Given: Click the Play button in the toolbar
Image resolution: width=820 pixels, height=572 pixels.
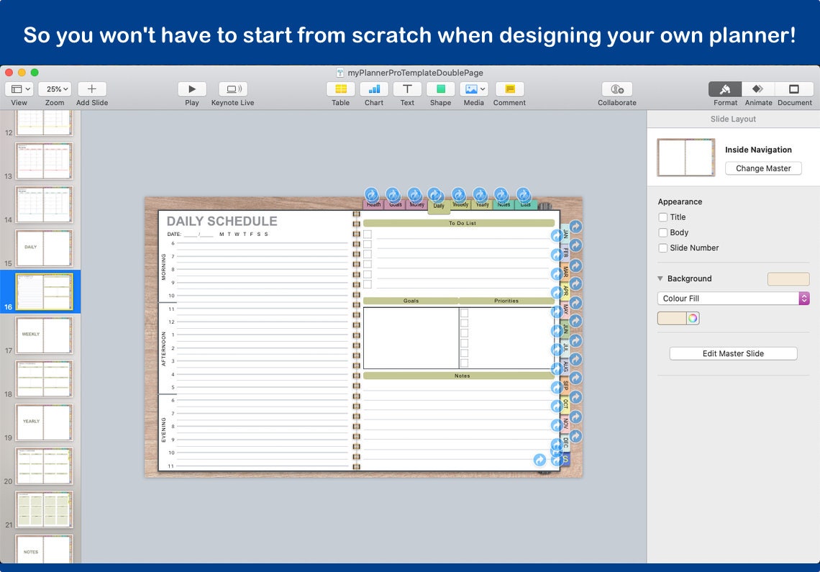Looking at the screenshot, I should (x=192, y=89).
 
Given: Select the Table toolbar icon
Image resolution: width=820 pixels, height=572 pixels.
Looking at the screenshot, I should (x=340, y=89).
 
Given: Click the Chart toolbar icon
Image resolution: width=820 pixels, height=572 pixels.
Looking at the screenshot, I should (x=374, y=89).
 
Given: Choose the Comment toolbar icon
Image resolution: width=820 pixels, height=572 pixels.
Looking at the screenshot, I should (x=509, y=89).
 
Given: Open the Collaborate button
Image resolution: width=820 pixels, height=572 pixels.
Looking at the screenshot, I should (x=616, y=89).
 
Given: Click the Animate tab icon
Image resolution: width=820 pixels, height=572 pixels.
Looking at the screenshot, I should (x=757, y=89).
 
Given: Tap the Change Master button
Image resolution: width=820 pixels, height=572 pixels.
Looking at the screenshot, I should (x=762, y=168).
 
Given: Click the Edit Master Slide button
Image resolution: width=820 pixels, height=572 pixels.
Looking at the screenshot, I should (x=733, y=353).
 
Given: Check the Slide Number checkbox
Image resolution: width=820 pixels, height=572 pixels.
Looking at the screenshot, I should (x=663, y=248).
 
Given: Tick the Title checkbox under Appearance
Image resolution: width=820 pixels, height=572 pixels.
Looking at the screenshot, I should (x=663, y=217).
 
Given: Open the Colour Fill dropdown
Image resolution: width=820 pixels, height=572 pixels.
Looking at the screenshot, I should (x=733, y=299).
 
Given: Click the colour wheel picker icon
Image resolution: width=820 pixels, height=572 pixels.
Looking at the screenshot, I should (x=693, y=318).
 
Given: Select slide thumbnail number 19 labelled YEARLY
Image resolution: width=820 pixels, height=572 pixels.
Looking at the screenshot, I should (x=44, y=421).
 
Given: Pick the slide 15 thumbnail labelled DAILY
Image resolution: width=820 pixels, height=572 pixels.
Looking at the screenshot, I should (x=44, y=247).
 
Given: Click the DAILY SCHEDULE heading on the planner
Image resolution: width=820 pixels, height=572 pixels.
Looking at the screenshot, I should (x=222, y=222).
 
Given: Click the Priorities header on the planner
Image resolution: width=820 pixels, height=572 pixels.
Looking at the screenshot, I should (x=506, y=301).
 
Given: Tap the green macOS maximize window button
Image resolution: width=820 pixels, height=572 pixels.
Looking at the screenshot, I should (x=35, y=73).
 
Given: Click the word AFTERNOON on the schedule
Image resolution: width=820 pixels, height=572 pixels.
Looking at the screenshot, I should (x=163, y=348).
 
